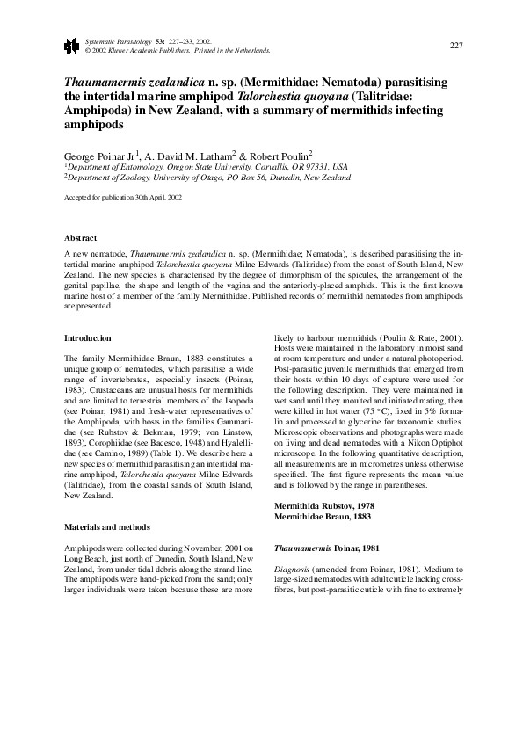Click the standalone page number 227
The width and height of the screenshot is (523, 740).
pos(455,45)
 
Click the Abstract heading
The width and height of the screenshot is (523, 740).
pos(81,238)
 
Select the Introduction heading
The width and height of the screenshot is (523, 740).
pos(88,337)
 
